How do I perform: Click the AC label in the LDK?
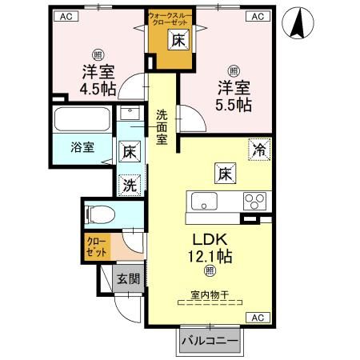click(258, 318)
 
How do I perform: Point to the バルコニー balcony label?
click(209, 342)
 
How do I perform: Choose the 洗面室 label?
click(162, 126)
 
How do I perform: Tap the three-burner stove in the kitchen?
click(254, 200)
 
